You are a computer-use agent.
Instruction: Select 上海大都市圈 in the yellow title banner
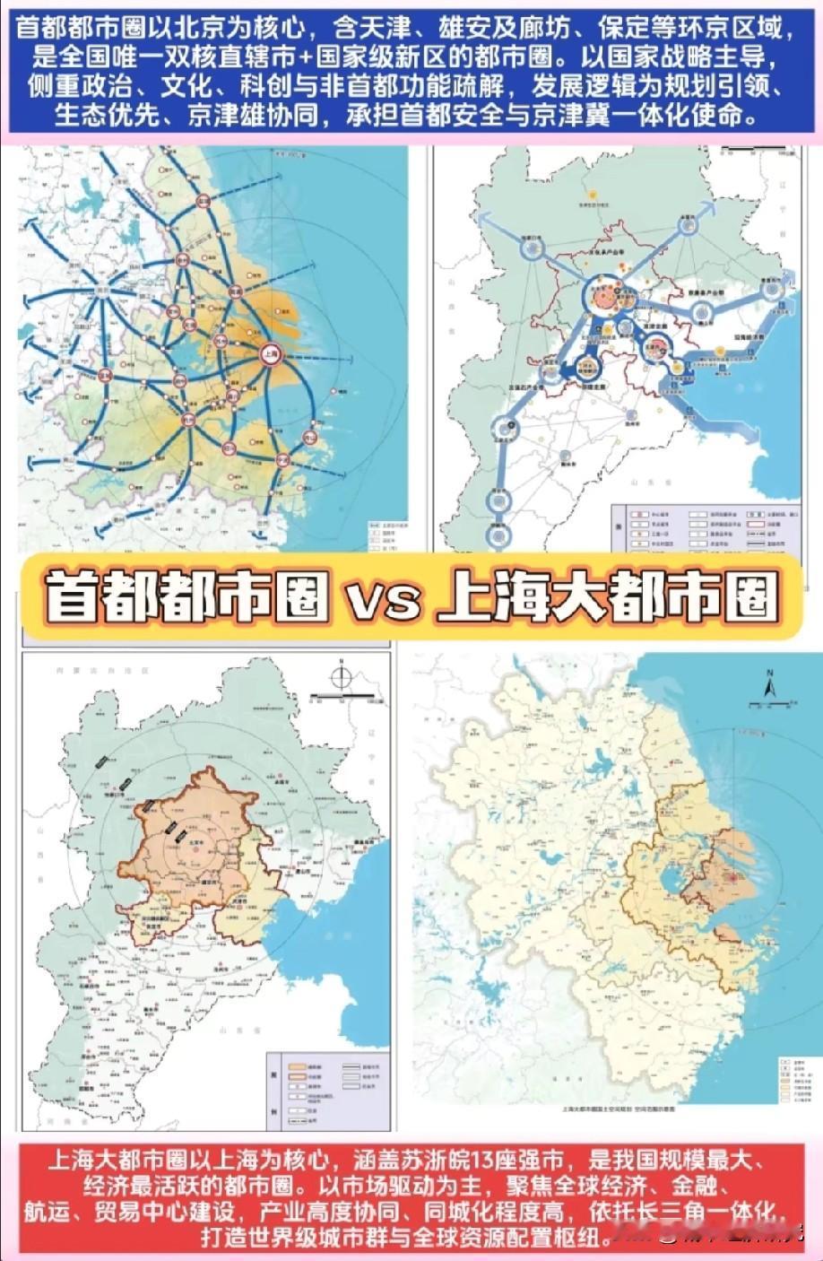(x=607, y=596)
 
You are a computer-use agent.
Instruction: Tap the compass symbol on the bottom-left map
(x=340, y=677)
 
